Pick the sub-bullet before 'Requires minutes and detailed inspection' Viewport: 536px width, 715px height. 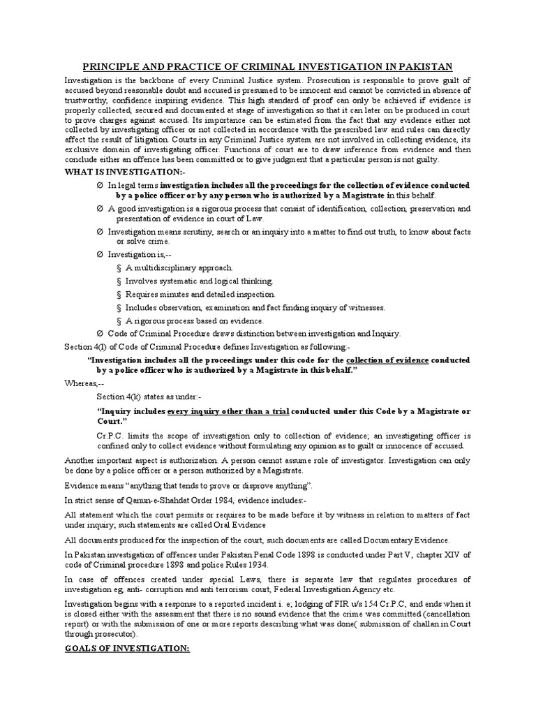coord(119,295)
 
